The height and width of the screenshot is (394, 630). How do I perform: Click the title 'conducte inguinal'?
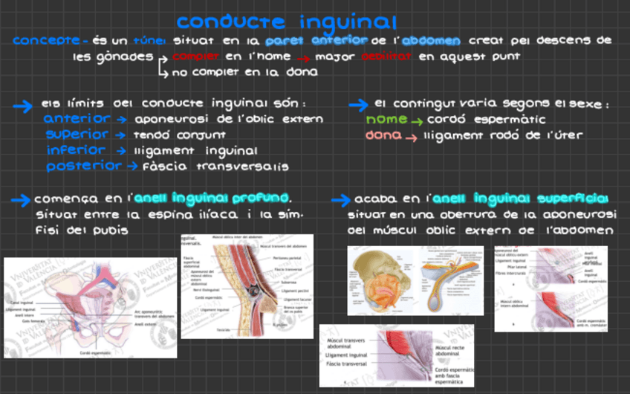pos(286,22)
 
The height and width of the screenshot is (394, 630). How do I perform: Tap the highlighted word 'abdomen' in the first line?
pos(431,40)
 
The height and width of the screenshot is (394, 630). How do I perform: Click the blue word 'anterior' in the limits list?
pos(78,119)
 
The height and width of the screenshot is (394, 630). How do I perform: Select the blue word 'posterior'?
pos(83,167)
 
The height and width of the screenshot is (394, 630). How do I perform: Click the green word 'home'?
pos(386,119)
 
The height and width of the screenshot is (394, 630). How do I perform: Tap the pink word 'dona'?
pos(383,135)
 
